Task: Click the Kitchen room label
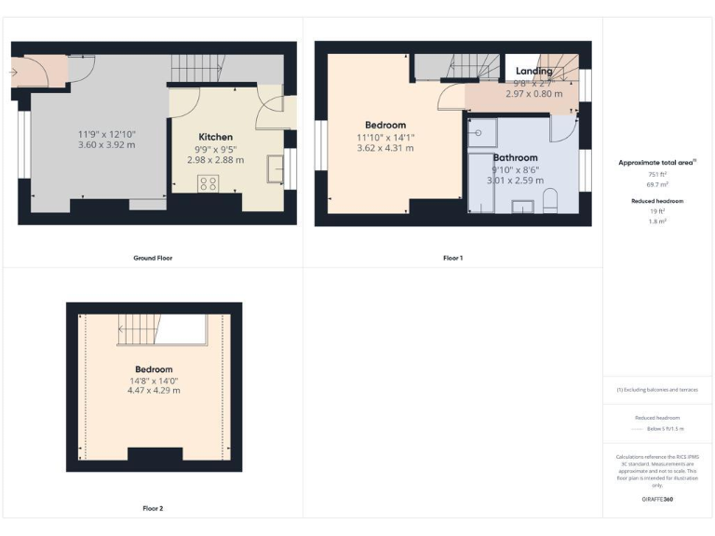tap(216, 137)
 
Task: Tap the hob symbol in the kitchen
tap(208, 183)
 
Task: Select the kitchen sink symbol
tap(276, 168)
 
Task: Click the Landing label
tap(533, 71)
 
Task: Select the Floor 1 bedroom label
tap(385, 125)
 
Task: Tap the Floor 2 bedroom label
tap(154, 368)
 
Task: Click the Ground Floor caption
tap(153, 258)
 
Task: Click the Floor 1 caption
tap(452, 258)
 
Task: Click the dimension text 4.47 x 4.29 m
tap(154, 390)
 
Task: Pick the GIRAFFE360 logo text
tap(657, 500)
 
